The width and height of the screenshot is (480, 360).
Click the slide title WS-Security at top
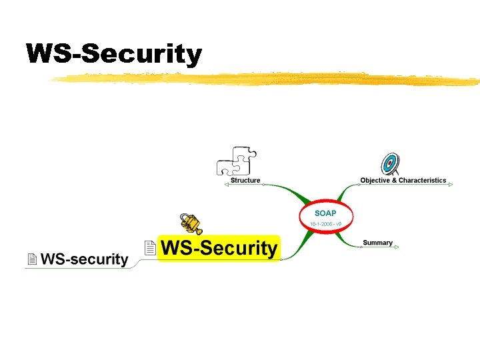(x=113, y=54)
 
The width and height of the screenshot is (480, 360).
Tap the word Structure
(x=245, y=181)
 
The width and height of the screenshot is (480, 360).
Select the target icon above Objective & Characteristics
(x=390, y=163)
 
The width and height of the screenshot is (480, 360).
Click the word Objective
(x=374, y=181)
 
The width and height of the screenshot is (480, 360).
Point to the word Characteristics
(x=423, y=181)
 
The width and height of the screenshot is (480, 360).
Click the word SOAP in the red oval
(x=325, y=213)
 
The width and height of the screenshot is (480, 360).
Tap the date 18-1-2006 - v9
(x=325, y=223)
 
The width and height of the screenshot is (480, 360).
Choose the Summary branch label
(x=377, y=243)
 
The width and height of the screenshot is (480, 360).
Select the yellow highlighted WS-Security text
(x=219, y=249)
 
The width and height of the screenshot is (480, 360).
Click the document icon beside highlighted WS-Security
(x=150, y=248)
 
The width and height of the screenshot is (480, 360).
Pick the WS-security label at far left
(x=84, y=259)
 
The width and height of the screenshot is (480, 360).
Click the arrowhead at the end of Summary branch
(x=397, y=247)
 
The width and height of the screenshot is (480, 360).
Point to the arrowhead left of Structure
(x=226, y=185)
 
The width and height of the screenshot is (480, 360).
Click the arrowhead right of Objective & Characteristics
(x=451, y=185)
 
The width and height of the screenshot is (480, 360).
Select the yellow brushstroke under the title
(x=267, y=80)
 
